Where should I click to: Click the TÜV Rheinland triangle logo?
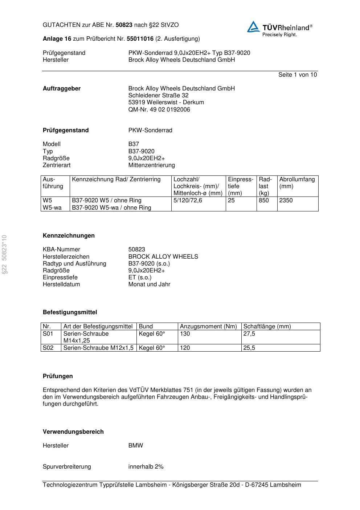tap(253, 27)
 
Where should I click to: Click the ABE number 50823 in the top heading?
tap(124, 25)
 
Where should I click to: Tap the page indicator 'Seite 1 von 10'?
tap(297, 75)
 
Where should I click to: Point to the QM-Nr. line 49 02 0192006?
tap(159, 110)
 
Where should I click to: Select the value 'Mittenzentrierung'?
tap(151, 165)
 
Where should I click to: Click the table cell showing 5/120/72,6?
tap(188, 201)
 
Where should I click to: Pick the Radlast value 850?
tap(264, 201)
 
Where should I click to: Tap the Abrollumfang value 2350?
tap(286, 201)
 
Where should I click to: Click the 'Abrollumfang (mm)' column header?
tap(297, 183)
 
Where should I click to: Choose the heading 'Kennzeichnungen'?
tap(69, 236)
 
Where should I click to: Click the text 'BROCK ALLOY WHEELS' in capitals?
tap(163, 257)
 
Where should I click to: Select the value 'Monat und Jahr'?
tap(149, 284)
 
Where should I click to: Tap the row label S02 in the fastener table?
tap(48, 348)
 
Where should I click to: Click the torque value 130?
tap(185, 334)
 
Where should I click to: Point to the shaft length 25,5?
tap(249, 348)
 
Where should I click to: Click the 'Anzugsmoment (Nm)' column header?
tap(208, 327)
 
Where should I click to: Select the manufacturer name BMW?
tap(135, 446)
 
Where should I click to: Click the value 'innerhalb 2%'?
tap(146, 467)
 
